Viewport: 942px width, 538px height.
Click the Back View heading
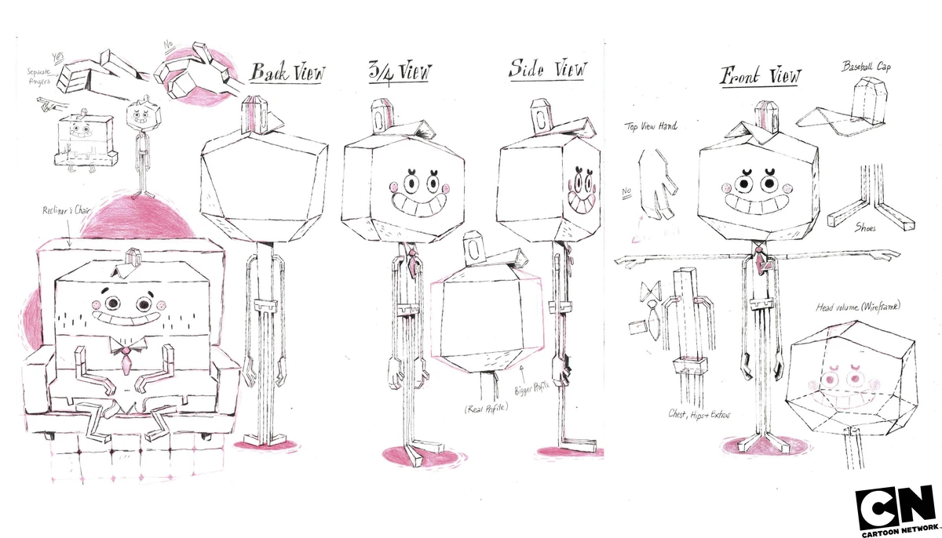[x=287, y=73]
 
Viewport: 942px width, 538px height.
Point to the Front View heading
[x=761, y=76]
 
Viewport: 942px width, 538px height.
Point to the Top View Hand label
[x=651, y=125]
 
